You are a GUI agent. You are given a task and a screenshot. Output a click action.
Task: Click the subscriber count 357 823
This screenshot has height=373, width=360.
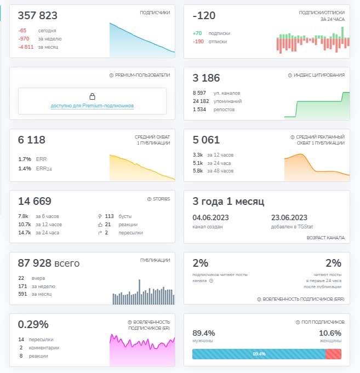coord(38,15)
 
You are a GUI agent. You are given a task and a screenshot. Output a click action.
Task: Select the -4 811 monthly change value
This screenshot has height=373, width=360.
coord(26,47)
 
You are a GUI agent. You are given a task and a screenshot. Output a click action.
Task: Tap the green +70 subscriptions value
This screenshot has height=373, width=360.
coord(197,33)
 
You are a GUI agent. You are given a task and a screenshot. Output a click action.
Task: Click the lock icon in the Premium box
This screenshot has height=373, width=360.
coord(92,96)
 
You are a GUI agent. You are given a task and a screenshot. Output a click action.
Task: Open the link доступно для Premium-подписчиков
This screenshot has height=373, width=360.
coord(92,106)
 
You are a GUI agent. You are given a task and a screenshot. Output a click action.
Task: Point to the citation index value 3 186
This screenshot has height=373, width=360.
coord(206,78)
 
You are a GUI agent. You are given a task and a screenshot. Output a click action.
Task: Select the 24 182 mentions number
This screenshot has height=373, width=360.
coord(201,101)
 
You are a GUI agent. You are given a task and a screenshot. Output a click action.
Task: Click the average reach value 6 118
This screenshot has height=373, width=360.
coord(32,140)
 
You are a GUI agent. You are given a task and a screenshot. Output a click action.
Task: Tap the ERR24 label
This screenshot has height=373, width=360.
coord(44,169)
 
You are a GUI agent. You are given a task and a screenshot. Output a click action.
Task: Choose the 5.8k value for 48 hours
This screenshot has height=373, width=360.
coord(198,171)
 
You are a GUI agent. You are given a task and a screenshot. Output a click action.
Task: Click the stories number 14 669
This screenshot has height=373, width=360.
coord(35,201)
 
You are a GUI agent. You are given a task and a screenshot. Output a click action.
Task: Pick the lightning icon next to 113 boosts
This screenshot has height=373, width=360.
coord(100,216)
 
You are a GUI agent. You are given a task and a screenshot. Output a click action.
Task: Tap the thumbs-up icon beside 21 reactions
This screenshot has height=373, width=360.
coord(100,225)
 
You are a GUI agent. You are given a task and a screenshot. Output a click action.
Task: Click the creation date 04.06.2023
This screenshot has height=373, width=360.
coord(210,217)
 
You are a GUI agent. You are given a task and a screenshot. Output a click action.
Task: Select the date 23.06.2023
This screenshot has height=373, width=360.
coord(289,217)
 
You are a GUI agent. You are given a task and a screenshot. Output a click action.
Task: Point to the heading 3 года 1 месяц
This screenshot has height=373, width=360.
coord(228,201)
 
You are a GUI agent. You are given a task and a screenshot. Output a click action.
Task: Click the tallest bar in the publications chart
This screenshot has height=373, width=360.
coord(139,292)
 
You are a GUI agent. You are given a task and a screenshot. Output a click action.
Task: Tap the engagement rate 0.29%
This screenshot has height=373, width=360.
coord(33,324)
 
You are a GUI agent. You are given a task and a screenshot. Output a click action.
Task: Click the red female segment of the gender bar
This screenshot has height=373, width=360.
coord(333,354)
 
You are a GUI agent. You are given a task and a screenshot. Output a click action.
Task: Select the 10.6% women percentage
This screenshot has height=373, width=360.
coord(330,333)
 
